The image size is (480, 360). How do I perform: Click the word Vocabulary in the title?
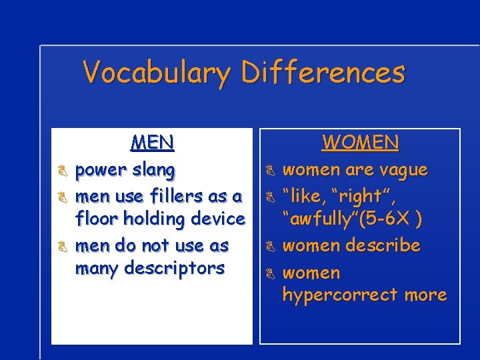pos(158,73)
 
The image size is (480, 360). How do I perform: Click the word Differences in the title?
pos(323,71)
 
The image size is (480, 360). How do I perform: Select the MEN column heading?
pos(153,142)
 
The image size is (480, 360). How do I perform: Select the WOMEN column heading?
pos(361,142)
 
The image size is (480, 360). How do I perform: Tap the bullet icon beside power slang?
pos(60,171)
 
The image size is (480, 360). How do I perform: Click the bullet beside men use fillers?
pos(60,198)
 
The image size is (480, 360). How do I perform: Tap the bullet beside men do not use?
pos(60,247)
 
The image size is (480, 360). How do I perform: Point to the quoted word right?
pos(360,197)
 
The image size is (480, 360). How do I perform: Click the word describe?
pos(383,245)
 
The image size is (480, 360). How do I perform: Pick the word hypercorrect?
pos(340,295)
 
